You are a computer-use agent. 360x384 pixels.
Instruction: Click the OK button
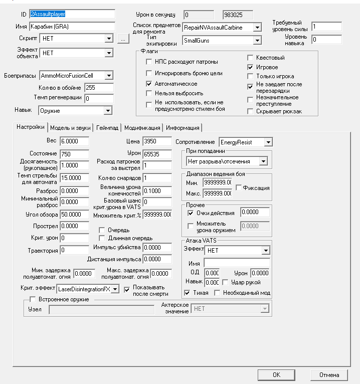(276, 374)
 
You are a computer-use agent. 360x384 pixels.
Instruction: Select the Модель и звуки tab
(70, 127)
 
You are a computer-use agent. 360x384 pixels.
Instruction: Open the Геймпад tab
(107, 127)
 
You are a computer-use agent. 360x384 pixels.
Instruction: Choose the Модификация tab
(142, 127)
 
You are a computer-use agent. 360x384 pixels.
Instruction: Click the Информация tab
(183, 127)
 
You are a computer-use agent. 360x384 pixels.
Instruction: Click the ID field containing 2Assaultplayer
(72, 14)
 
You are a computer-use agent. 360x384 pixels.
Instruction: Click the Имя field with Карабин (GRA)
(72, 26)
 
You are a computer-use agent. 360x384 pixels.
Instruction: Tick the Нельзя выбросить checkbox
(149, 93)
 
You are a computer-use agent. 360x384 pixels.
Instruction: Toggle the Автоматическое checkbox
(149, 83)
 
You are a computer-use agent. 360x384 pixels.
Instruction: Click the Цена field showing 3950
(157, 142)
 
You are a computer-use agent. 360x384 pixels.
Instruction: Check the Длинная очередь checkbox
(102, 238)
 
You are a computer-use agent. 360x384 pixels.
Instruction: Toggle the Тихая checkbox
(188, 293)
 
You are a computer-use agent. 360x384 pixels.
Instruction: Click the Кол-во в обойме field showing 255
(99, 87)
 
